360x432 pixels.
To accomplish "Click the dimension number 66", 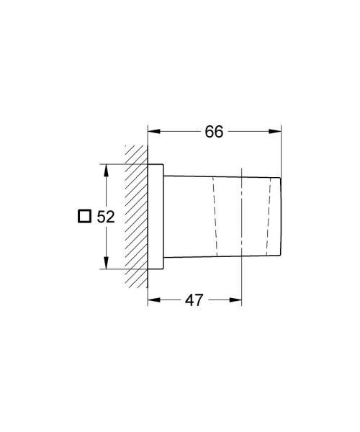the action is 214,132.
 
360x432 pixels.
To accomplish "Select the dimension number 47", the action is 194,300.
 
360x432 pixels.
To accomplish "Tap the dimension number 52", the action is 106,217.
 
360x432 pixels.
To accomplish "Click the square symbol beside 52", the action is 84,216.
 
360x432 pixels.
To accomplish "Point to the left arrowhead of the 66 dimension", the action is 153,132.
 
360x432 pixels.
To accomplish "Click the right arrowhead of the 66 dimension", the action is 275,132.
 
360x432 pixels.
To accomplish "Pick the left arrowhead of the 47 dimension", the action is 153,300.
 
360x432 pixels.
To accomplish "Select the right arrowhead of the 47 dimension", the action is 235,300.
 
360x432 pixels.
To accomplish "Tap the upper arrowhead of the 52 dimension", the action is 106,170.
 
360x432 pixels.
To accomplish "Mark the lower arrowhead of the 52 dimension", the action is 106,263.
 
